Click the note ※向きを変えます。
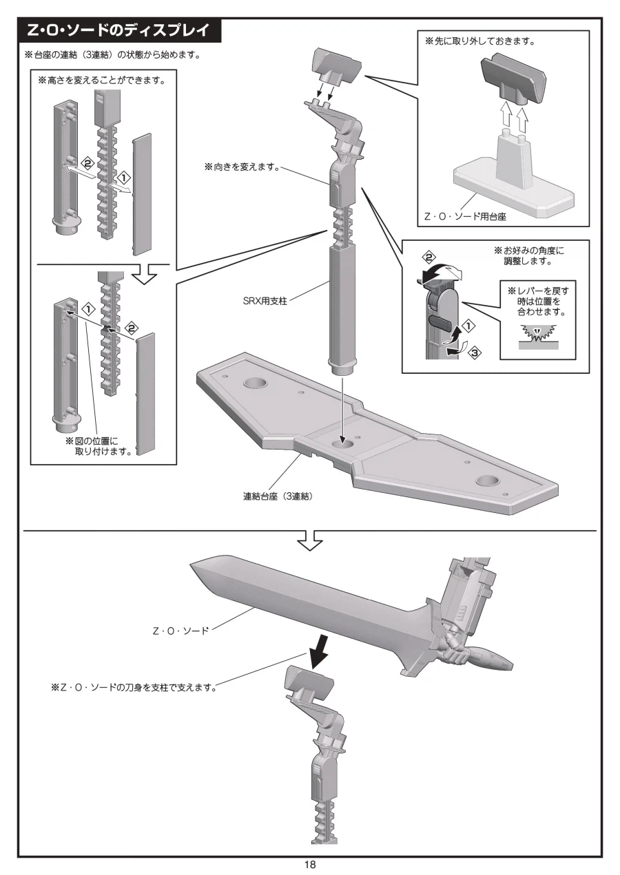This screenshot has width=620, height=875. [x=242, y=167]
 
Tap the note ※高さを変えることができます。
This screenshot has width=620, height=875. [x=101, y=81]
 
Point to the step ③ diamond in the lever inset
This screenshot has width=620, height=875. [x=474, y=353]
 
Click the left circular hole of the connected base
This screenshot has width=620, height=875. [x=255, y=383]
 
